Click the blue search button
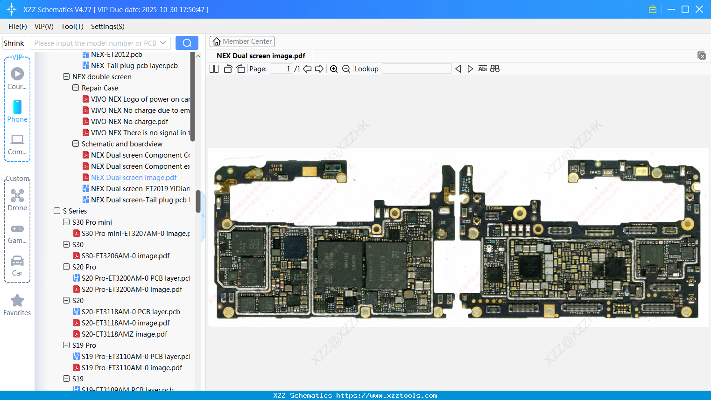coord(187,43)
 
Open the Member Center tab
coord(242,41)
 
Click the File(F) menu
coord(18,27)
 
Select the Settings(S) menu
coord(107,27)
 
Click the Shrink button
coord(14,43)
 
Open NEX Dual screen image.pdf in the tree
coord(134,178)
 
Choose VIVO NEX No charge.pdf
coord(129,122)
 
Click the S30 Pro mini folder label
coord(92,222)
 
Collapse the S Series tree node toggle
coord(57,211)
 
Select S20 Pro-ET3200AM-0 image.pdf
coord(132,290)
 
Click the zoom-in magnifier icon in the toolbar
coord(334,69)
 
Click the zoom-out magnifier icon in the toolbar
coord(346,69)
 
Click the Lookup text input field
coord(416,69)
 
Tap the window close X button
coord(699,9)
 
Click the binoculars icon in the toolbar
coord(495,69)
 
